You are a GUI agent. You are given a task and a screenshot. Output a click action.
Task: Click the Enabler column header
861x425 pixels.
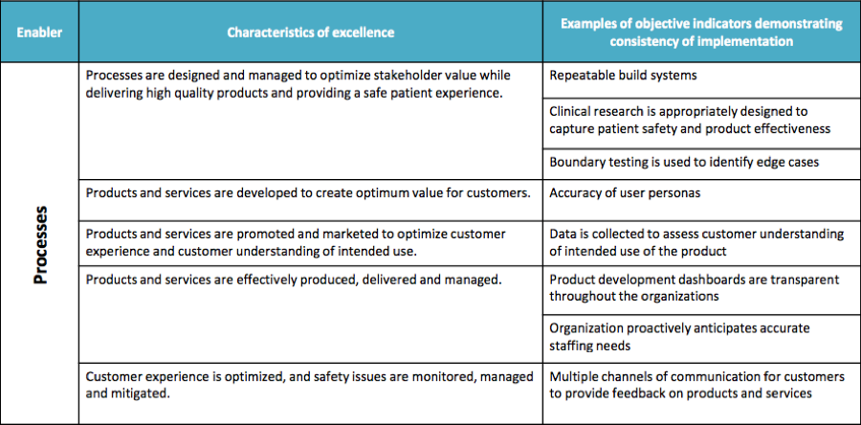[39, 33]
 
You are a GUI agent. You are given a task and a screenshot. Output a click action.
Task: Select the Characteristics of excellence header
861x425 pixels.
[311, 33]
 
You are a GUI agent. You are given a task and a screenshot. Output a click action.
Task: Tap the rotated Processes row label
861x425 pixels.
[41, 245]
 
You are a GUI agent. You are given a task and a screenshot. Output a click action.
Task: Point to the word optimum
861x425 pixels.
[368, 194]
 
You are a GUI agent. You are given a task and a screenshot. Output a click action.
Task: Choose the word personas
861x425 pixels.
[677, 194]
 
